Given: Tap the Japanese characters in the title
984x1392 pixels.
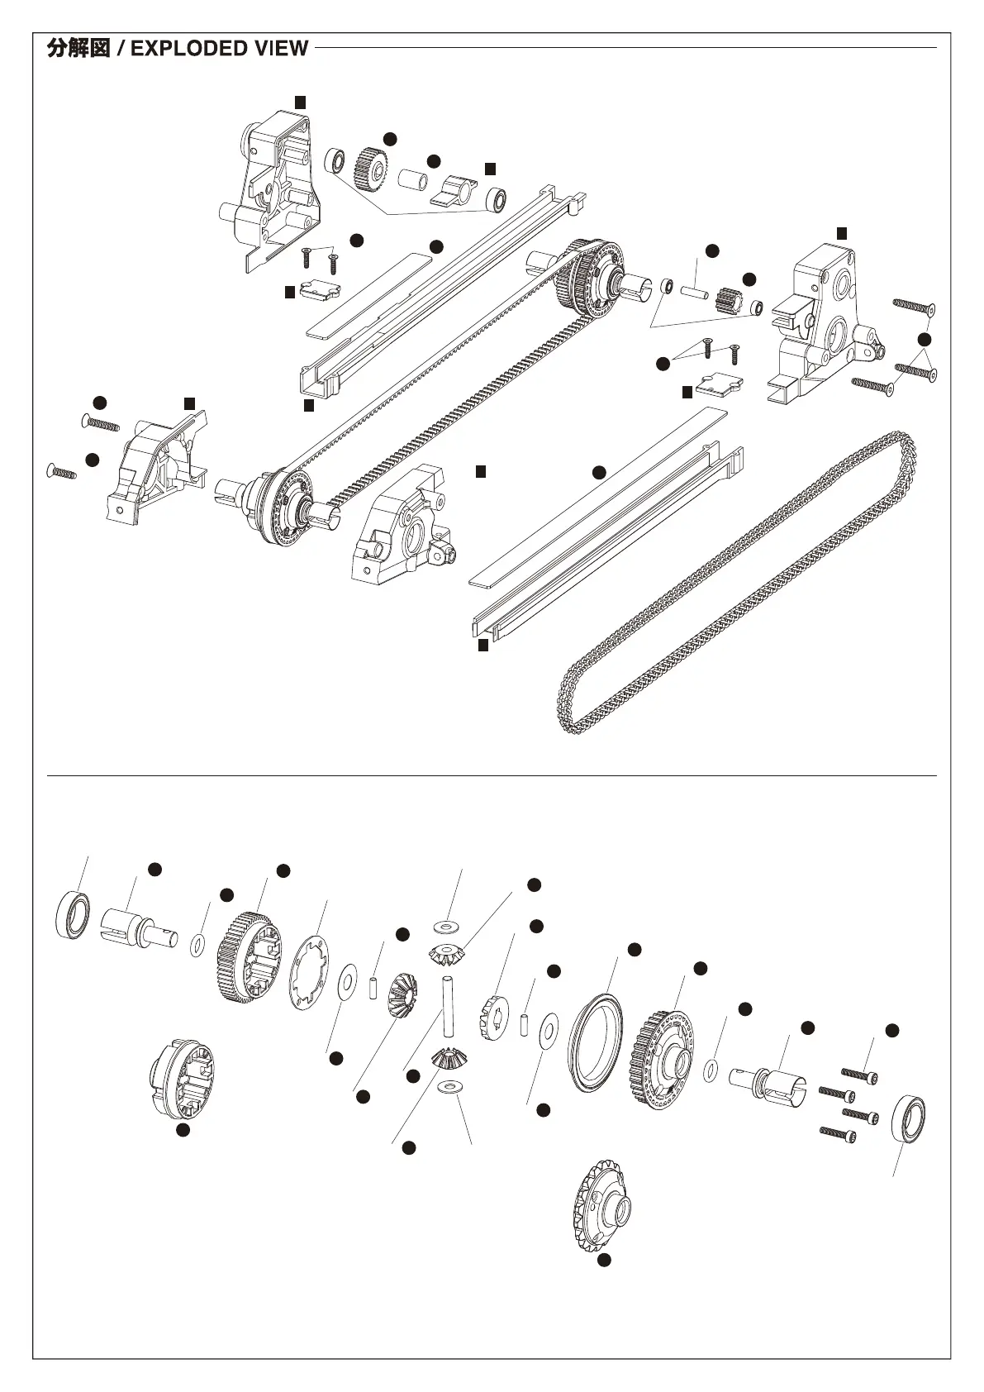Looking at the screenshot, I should pyautogui.click(x=78, y=48).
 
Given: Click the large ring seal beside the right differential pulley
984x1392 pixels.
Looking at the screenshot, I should pyautogui.click(x=597, y=1040).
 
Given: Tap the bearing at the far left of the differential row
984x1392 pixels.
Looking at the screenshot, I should pyautogui.click(x=73, y=914).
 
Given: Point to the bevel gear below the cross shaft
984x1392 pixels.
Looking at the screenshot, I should pyautogui.click(x=447, y=1057).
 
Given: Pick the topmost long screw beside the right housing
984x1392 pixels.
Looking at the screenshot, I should pyautogui.click(x=913, y=307).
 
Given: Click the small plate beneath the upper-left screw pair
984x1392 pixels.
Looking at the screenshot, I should pyautogui.click(x=320, y=290).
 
